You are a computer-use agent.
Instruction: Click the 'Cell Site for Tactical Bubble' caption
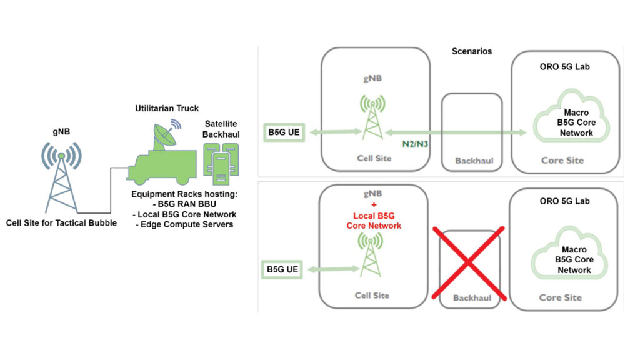61,222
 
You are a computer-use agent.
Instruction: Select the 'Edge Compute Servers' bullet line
185,224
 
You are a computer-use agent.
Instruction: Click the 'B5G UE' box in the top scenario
284,132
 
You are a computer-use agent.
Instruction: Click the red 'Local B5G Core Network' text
374,221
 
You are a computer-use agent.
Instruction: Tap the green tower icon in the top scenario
372,117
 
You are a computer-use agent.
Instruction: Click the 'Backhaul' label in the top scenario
474,161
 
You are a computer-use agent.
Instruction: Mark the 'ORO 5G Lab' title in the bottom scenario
564,201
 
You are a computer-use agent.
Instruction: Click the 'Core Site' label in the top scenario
562,160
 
